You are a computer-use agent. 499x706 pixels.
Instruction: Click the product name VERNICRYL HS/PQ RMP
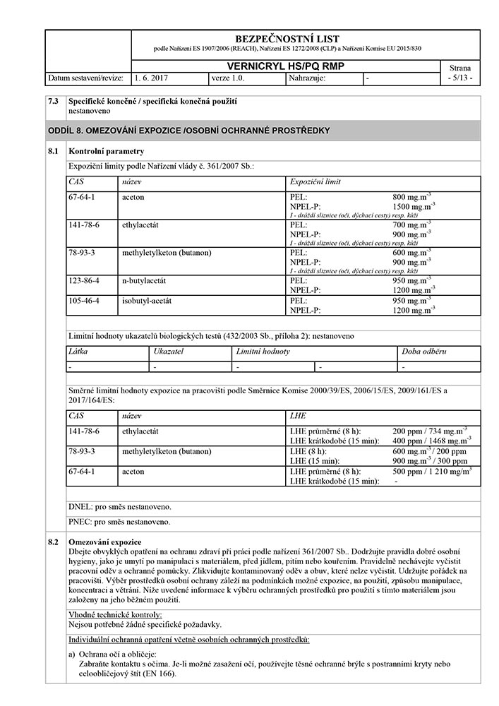tap(287, 66)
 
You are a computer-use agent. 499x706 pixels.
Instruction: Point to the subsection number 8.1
tap(53, 151)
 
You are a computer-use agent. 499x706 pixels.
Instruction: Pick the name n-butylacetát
tap(148, 280)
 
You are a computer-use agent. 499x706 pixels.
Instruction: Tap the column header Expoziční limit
tap(315, 181)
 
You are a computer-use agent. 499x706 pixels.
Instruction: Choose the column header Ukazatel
tap(169, 351)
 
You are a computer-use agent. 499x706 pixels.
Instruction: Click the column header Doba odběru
tap(424, 351)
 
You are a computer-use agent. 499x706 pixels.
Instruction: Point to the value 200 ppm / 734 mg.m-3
tap(429, 430)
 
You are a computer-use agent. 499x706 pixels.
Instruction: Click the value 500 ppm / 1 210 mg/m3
tap(432, 470)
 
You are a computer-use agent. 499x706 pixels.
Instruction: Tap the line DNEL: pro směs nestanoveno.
tap(119, 507)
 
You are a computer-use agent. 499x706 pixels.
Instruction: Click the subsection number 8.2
tap(53, 542)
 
